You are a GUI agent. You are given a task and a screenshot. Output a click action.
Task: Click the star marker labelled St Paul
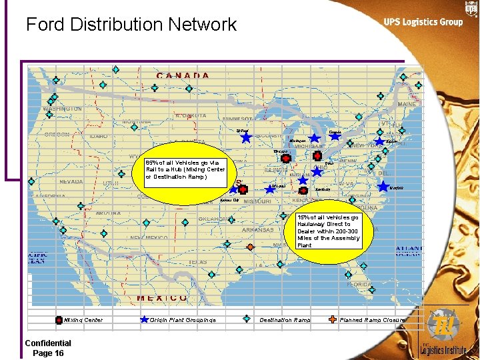pyautogui.click(x=246, y=138)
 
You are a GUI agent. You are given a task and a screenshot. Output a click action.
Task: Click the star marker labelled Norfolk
pyautogui.click(x=383, y=188)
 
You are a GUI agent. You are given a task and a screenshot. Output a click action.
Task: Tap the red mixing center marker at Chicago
pyautogui.click(x=285, y=159)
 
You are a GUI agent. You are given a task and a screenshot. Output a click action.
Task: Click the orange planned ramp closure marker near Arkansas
pyautogui.click(x=250, y=247)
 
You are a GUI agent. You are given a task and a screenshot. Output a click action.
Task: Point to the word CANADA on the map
pyautogui.click(x=183, y=75)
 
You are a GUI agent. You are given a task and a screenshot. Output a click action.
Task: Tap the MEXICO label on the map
pyautogui.click(x=162, y=298)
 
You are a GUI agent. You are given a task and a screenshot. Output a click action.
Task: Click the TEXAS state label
pyautogui.click(x=198, y=262)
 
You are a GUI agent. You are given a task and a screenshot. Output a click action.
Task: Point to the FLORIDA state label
pyautogui.click(x=359, y=284)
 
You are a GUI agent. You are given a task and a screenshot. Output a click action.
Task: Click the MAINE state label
pyautogui.click(x=407, y=104)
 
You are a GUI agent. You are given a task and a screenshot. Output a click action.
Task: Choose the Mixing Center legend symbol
pyautogui.click(x=59, y=320)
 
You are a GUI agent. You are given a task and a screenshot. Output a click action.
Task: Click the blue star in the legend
pyautogui.click(x=144, y=320)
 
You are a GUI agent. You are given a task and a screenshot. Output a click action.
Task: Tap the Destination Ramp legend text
pyautogui.click(x=285, y=321)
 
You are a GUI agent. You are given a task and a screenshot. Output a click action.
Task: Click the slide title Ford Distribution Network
pyautogui.click(x=131, y=25)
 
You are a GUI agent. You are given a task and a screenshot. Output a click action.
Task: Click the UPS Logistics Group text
pyautogui.click(x=423, y=22)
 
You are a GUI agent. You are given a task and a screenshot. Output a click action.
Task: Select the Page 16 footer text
pyautogui.click(x=48, y=353)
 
